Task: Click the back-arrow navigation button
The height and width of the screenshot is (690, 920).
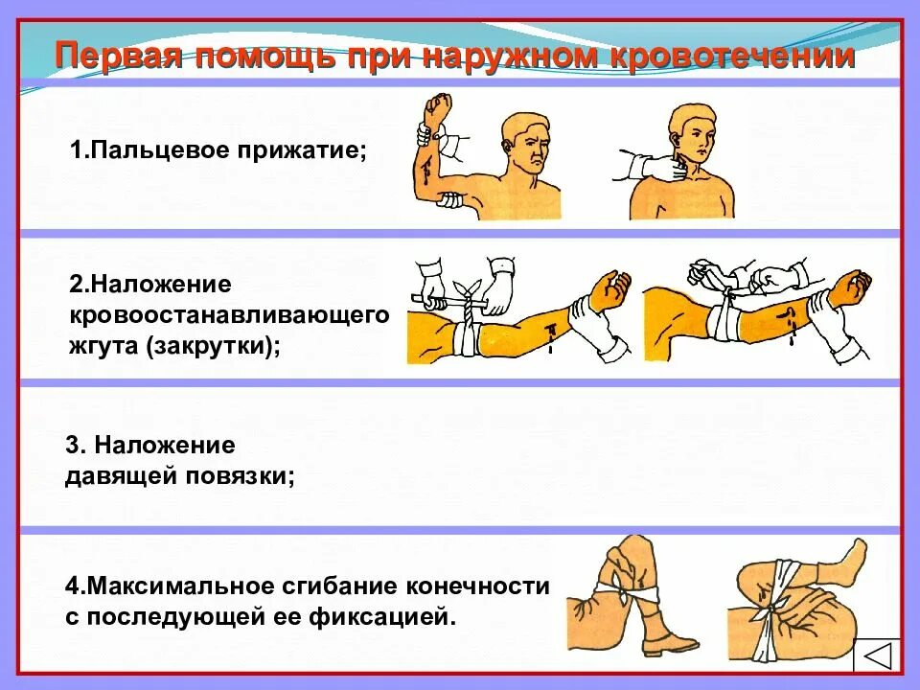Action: pos(877,660)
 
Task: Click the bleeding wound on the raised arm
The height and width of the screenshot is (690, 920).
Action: pos(422,172)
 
